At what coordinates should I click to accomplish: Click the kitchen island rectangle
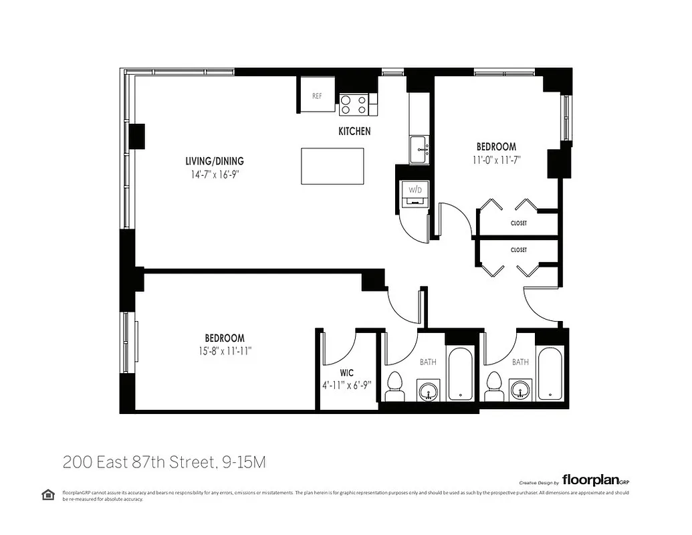(x=332, y=166)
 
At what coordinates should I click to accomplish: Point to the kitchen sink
(x=420, y=148)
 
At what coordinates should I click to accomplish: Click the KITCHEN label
(x=354, y=132)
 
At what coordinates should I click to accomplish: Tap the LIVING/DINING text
(x=215, y=161)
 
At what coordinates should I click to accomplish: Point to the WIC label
(x=346, y=372)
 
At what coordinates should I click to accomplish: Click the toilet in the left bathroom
(x=394, y=387)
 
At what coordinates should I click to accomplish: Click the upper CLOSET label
(x=518, y=223)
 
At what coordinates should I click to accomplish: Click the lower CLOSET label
(x=518, y=250)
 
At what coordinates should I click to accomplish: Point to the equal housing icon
(x=48, y=495)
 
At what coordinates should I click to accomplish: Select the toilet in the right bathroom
(x=495, y=386)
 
